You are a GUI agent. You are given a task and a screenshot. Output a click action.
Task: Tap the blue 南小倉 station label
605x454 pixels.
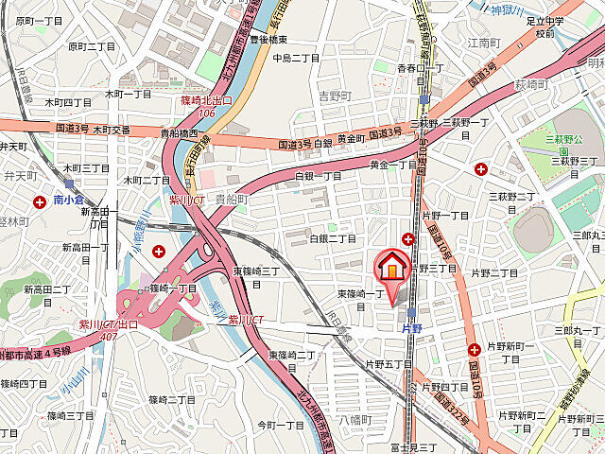71,201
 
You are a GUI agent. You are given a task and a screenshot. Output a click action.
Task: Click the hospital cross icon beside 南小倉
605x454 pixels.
40,201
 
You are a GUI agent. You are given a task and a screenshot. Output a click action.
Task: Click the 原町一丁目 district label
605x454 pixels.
40,20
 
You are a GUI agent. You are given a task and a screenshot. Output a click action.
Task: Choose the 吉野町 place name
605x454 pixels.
335,96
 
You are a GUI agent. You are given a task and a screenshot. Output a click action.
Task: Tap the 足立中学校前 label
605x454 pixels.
544,26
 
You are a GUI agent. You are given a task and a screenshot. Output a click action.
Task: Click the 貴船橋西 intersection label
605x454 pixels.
178,133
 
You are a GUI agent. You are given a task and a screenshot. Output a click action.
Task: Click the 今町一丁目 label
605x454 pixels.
281,425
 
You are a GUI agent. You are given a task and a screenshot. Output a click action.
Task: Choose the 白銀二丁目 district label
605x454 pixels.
334,238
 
